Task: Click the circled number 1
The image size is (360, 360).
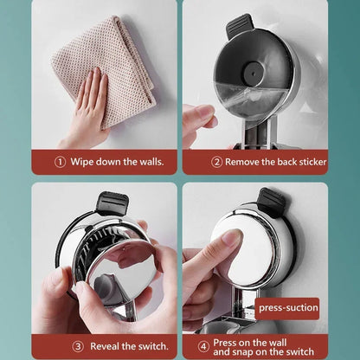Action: [60, 161]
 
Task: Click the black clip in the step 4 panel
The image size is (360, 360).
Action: [271, 202]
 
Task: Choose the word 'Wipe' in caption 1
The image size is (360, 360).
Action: [82, 161]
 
